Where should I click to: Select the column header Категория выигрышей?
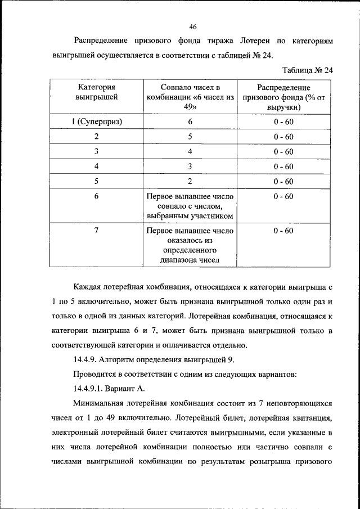(x=97, y=92)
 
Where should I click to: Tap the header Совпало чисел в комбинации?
(x=190, y=97)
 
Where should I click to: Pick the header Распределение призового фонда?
(x=283, y=97)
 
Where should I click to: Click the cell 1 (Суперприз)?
(x=97, y=121)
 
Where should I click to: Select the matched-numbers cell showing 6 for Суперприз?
(x=190, y=121)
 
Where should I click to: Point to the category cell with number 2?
(x=97, y=137)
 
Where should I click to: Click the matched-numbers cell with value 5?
(x=190, y=137)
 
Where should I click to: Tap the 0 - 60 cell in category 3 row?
(x=283, y=151)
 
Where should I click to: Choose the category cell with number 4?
(x=97, y=166)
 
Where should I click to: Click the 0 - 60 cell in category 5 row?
(x=283, y=181)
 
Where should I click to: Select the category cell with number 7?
(x=97, y=231)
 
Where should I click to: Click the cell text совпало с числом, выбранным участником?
(x=190, y=211)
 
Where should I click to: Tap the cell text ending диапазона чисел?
(x=190, y=259)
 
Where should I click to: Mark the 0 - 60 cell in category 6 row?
(x=283, y=196)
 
